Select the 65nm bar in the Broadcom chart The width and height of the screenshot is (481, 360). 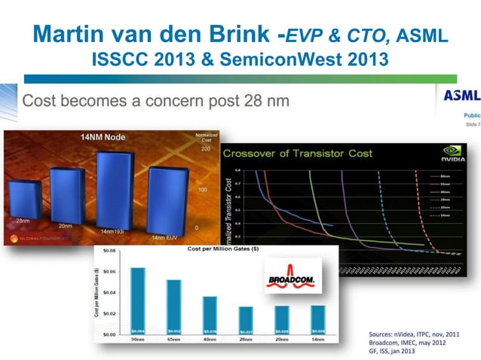tap(174, 306)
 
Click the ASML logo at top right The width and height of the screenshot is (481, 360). tap(461, 96)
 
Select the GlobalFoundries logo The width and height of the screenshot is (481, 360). tap(39, 238)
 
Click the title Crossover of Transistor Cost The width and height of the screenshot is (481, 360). tap(307, 154)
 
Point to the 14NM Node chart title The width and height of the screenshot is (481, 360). tap(103, 137)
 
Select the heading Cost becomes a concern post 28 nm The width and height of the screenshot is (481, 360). tap(157, 101)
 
